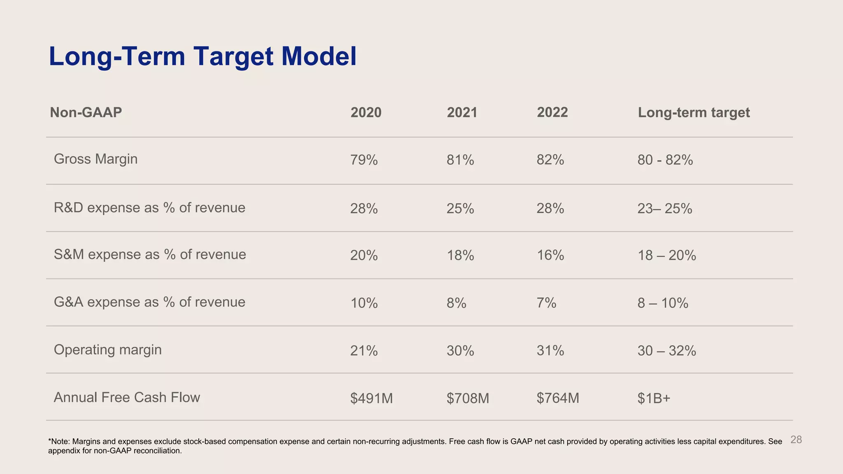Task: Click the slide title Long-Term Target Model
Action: tap(203, 56)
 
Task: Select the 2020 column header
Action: tap(366, 112)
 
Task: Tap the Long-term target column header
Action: tap(694, 112)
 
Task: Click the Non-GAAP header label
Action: tap(86, 112)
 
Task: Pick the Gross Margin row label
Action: tap(95, 159)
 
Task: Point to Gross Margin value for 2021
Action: tap(460, 160)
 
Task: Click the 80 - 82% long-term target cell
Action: tap(665, 160)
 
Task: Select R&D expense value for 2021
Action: tap(460, 209)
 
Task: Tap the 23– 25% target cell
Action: tap(664, 209)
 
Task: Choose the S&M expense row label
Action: tap(150, 255)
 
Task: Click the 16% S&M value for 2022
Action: tap(550, 256)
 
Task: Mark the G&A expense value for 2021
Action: tap(456, 303)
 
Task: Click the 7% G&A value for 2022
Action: tap(546, 303)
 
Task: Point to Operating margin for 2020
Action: tap(364, 351)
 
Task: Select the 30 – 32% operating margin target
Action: tap(666, 351)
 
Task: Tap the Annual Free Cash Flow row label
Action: tap(127, 397)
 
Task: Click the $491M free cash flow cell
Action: tap(371, 398)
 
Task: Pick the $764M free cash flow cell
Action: tap(558, 398)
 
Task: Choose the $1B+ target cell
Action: tap(654, 398)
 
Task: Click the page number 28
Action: tap(796, 440)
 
